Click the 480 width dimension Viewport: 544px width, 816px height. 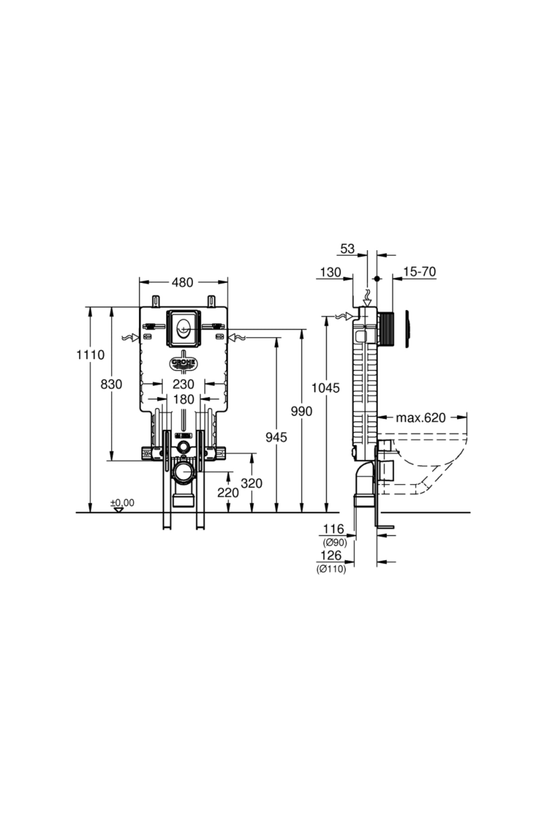tap(183, 282)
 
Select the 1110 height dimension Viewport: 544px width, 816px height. tap(90, 355)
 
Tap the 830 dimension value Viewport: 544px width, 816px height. tap(112, 384)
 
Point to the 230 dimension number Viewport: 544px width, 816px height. tap(183, 384)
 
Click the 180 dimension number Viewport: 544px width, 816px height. tap(183, 399)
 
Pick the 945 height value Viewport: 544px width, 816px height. tap(276, 437)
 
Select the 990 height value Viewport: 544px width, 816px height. tap(301, 411)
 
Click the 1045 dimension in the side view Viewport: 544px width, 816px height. tap(325, 388)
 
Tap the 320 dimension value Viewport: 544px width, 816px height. tap(252, 483)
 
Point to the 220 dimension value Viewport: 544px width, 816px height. tap(228, 492)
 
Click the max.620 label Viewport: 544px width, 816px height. tap(421, 418)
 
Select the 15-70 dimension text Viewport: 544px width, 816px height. tap(419, 272)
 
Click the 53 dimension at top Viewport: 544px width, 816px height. tap(347, 248)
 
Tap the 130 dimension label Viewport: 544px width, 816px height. tap(330, 272)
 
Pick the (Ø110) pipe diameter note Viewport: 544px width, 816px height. tap(331, 569)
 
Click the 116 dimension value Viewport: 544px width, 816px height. tap(333, 529)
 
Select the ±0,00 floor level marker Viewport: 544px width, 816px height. tap(122, 503)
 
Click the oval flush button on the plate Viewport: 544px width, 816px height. tap(184, 327)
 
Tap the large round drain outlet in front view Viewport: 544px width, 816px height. tap(184, 472)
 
